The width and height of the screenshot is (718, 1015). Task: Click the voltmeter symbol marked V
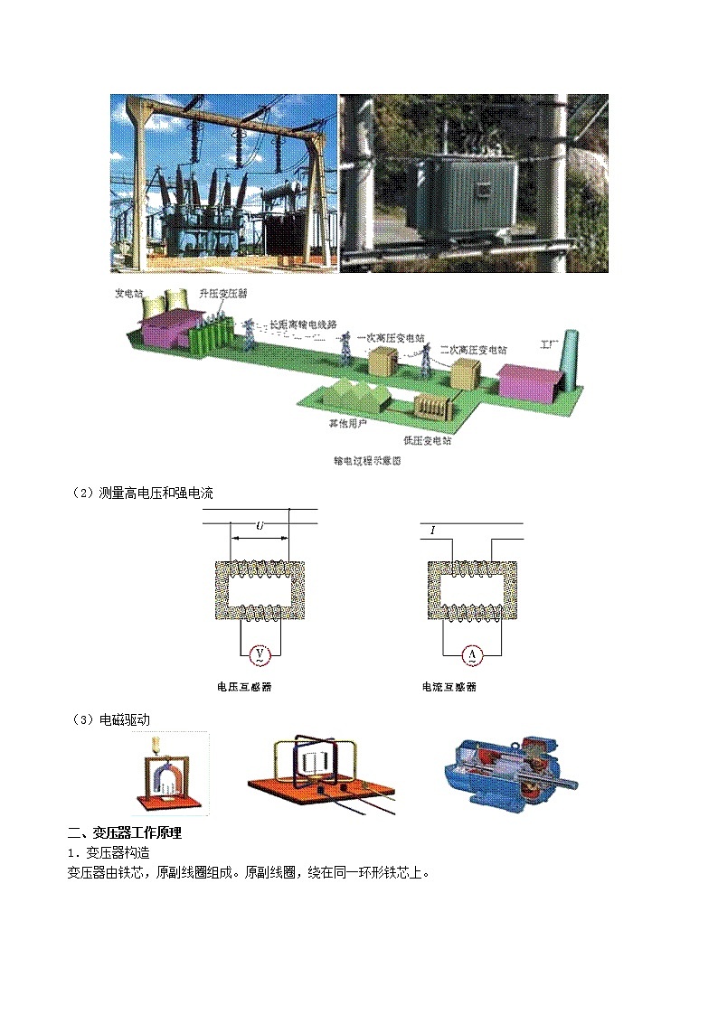point(260,653)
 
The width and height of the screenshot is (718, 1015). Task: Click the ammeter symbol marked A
point(470,653)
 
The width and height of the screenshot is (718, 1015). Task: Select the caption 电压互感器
point(244,687)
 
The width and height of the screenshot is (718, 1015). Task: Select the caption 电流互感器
point(449,687)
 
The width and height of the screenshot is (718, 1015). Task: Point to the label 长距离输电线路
point(303,323)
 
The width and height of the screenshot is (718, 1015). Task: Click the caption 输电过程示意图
point(366,461)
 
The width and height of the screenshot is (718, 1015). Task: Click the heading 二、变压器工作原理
point(131,833)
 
